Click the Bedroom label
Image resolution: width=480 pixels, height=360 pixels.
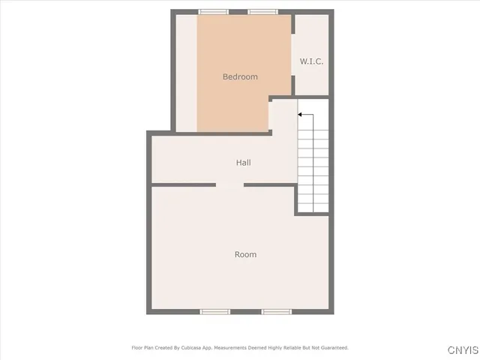click(240, 76)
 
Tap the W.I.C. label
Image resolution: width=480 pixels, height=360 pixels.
click(311, 61)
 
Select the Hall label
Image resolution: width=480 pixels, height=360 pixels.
click(243, 163)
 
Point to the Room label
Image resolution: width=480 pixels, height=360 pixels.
click(245, 254)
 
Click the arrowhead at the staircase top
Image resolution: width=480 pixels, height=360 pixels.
click(300, 115)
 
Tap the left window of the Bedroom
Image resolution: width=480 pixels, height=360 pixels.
click(214, 12)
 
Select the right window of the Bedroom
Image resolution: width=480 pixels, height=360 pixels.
click(262, 12)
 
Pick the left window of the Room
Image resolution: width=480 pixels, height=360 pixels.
click(214, 311)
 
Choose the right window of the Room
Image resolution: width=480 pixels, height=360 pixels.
click(276, 311)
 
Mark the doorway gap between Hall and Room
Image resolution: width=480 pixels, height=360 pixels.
click(230, 184)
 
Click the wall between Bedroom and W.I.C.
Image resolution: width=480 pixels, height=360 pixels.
click(292, 56)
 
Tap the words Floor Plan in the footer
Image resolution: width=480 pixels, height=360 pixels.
click(142, 348)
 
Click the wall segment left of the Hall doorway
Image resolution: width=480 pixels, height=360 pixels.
click(184, 184)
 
